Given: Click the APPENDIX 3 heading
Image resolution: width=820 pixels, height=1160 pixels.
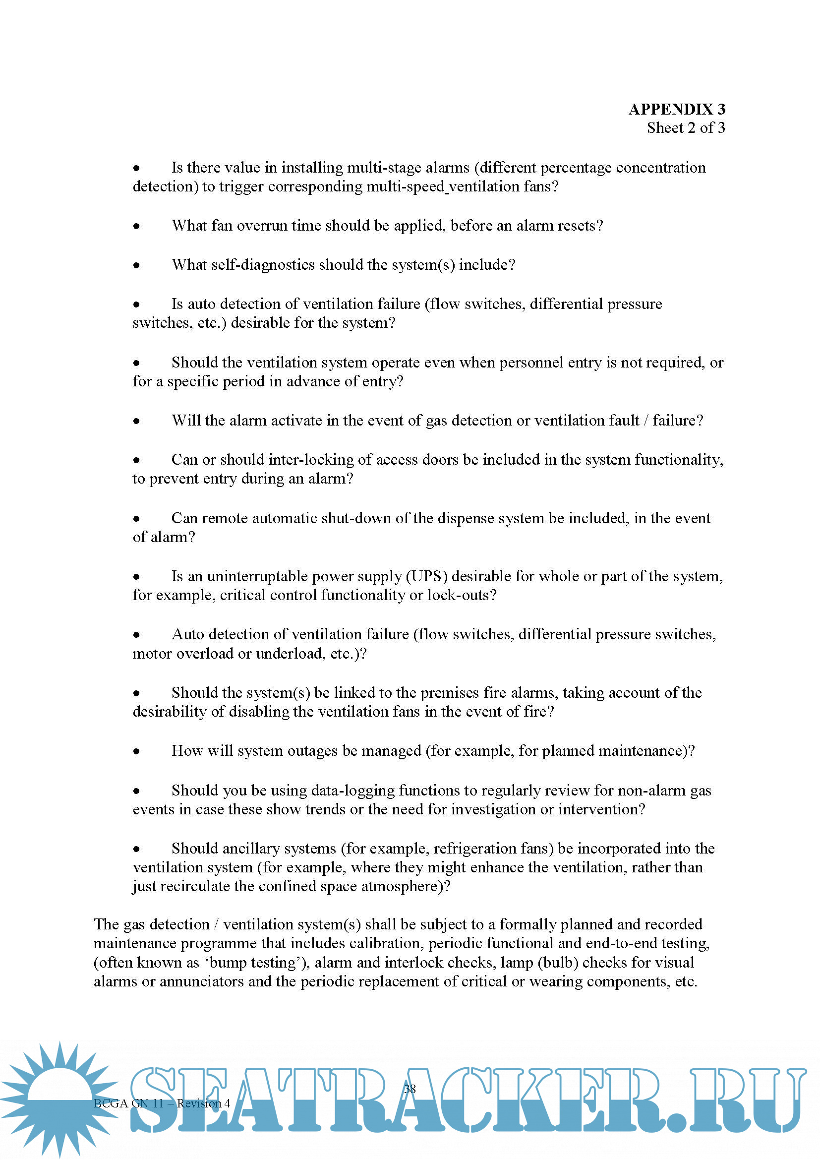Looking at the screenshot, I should point(677,109).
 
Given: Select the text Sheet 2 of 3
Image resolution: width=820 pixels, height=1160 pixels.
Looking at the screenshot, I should point(686,128).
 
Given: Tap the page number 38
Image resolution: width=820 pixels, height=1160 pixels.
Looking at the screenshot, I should point(410,1089).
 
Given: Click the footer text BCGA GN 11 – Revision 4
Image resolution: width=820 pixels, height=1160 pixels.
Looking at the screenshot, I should point(162,1103).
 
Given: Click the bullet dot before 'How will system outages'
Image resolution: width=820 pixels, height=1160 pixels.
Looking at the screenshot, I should point(136,752).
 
